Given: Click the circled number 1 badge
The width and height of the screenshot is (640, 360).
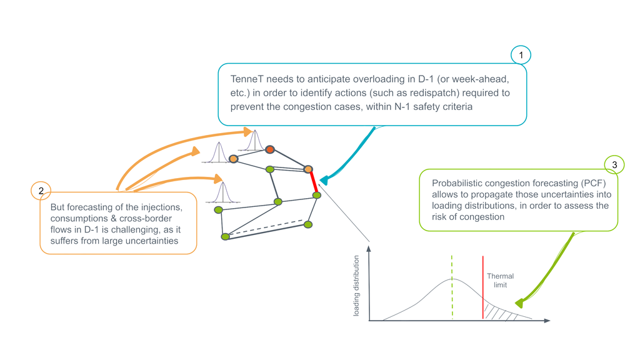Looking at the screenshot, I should pos(520,55).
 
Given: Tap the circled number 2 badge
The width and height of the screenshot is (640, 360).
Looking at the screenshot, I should pos(41,191).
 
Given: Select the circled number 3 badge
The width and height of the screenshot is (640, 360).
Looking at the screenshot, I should pos(614,164).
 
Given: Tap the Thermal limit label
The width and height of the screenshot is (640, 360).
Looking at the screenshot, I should pos(500,280).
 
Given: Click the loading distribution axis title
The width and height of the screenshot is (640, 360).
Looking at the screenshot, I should pos(356,285).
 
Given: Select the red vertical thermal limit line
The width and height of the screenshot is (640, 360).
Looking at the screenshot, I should pos(482,287).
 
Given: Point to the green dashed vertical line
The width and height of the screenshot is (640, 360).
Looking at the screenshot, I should pos(451,287).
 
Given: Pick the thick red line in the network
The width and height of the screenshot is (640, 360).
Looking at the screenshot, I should pos(312,182).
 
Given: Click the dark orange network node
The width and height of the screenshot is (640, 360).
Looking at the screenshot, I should pos(270,149).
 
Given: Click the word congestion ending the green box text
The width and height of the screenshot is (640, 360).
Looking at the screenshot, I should pos(484,217).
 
